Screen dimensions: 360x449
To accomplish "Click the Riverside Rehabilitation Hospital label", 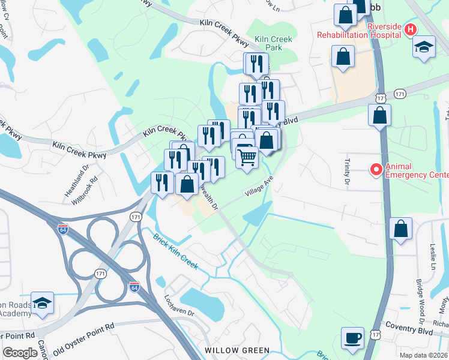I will [359, 31].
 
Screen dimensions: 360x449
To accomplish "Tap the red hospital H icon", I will [411, 29].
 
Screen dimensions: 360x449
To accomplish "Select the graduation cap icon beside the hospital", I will [424, 47].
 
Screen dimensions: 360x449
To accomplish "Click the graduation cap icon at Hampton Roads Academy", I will [42, 304].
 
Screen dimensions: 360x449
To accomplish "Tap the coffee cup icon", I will [353, 337].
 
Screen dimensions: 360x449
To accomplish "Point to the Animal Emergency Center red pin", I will [376, 170].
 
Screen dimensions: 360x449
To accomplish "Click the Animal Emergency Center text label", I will [417, 170].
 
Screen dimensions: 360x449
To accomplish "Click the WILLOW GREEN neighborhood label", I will [237, 350].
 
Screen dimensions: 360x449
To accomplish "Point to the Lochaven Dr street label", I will [179, 305].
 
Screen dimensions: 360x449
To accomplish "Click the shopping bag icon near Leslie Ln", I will [400, 229].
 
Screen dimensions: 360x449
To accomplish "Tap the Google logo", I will [20, 353].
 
